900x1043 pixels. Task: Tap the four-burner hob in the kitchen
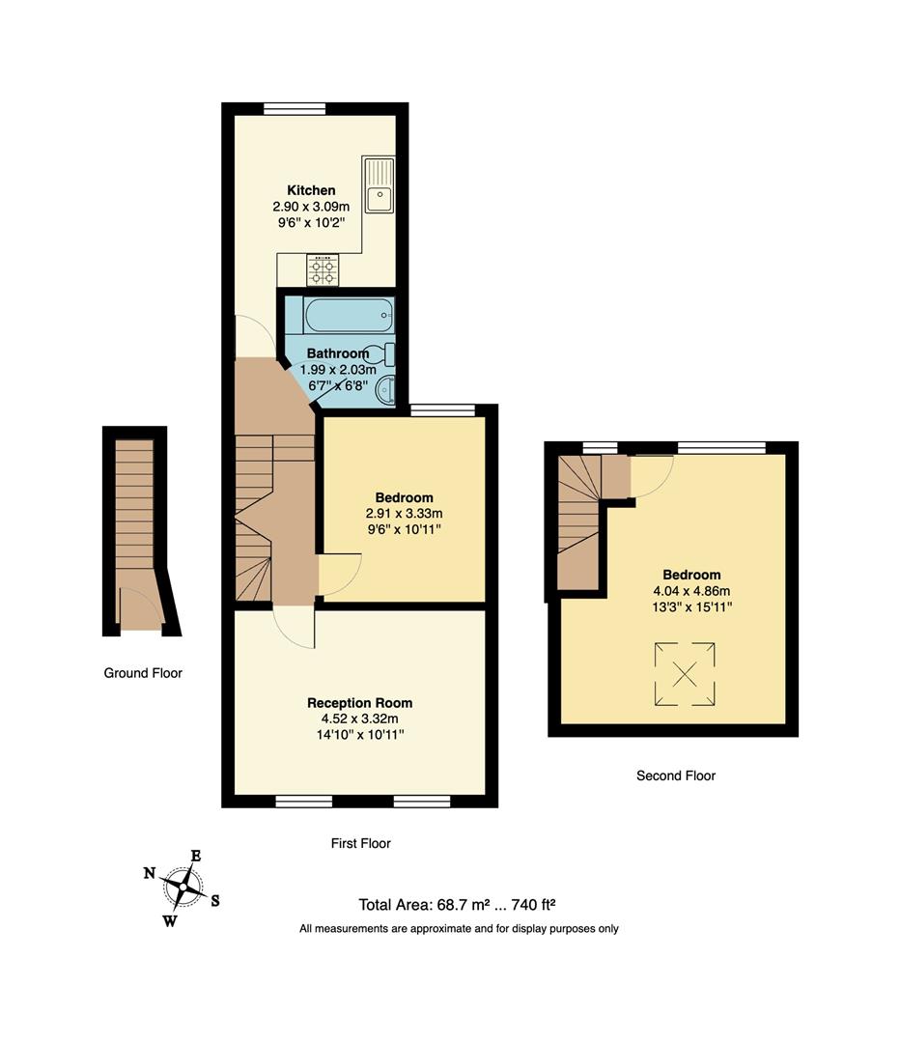(322, 269)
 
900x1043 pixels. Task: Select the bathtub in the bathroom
(349, 315)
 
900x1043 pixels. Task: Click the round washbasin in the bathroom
(385, 389)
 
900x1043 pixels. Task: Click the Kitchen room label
(311, 190)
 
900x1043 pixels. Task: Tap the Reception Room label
(360, 703)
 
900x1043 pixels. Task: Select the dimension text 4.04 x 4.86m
(691, 591)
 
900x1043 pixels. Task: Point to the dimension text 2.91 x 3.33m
(404, 514)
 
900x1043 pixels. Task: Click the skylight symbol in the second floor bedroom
(686, 674)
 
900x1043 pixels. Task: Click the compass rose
(182, 888)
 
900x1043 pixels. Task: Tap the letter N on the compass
(150, 873)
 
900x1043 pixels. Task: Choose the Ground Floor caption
(143, 673)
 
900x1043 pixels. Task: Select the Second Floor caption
(676, 775)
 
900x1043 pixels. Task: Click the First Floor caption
(360, 843)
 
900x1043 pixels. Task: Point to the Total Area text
(457, 905)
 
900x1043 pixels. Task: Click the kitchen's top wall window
(295, 108)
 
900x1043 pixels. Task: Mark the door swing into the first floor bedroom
(340, 574)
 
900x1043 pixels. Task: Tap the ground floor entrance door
(140, 608)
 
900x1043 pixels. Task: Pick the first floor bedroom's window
(443, 409)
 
